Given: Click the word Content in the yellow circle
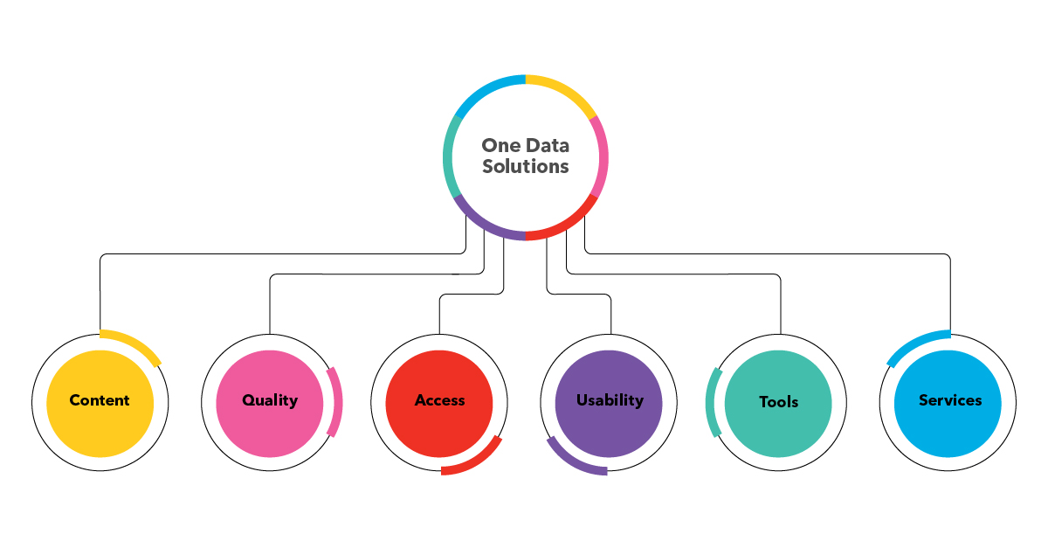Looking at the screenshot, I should pyautogui.click(x=100, y=400).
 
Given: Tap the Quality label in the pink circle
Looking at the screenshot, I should pyautogui.click(x=270, y=400).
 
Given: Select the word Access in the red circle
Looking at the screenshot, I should pyautogui.click(x=439, y=400).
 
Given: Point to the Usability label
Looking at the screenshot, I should pyautogui.click(x=610, y=400).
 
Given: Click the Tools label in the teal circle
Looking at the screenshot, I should pyautogui.click(x=779, y=402).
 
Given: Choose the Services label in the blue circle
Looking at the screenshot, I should pyautogui.click(x=950, y=400).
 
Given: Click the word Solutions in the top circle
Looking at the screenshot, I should pyautogui.click(x=526, y=166).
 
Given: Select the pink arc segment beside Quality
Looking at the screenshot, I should pyautogui.click(x=337, y=402).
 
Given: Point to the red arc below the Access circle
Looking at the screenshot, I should pyautogui.click(x=476, y=461).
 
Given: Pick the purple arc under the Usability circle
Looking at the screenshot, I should pyautogui.click(x=572, y=461).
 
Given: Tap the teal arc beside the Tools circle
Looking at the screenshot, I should pyautogui.click(x=712, y=402).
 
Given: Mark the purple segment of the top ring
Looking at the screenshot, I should pyautogui.click(x=486, y=225).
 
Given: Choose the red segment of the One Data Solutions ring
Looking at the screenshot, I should pyautogui.click(x=568, y=223).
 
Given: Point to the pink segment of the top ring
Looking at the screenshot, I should pyautogui.click(x=602, y=157).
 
